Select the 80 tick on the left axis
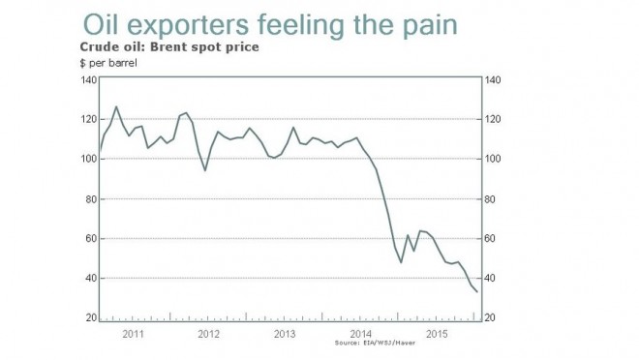pyautogui.click(x=89, y=199)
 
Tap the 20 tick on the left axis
pyautogui.click(x=89, y=318)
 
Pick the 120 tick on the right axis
pyautogui.click(x=493, y=120)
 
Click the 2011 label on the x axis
pyautogui.click(x=134, y=334)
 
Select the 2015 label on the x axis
pyautogui.click(x=436, y=334)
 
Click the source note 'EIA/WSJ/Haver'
pyautogui.click(x=382, y=344)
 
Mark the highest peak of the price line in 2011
pyautogui.click(x=116, y=106)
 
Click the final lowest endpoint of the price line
pyautogui.click(x=477, y=291)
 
